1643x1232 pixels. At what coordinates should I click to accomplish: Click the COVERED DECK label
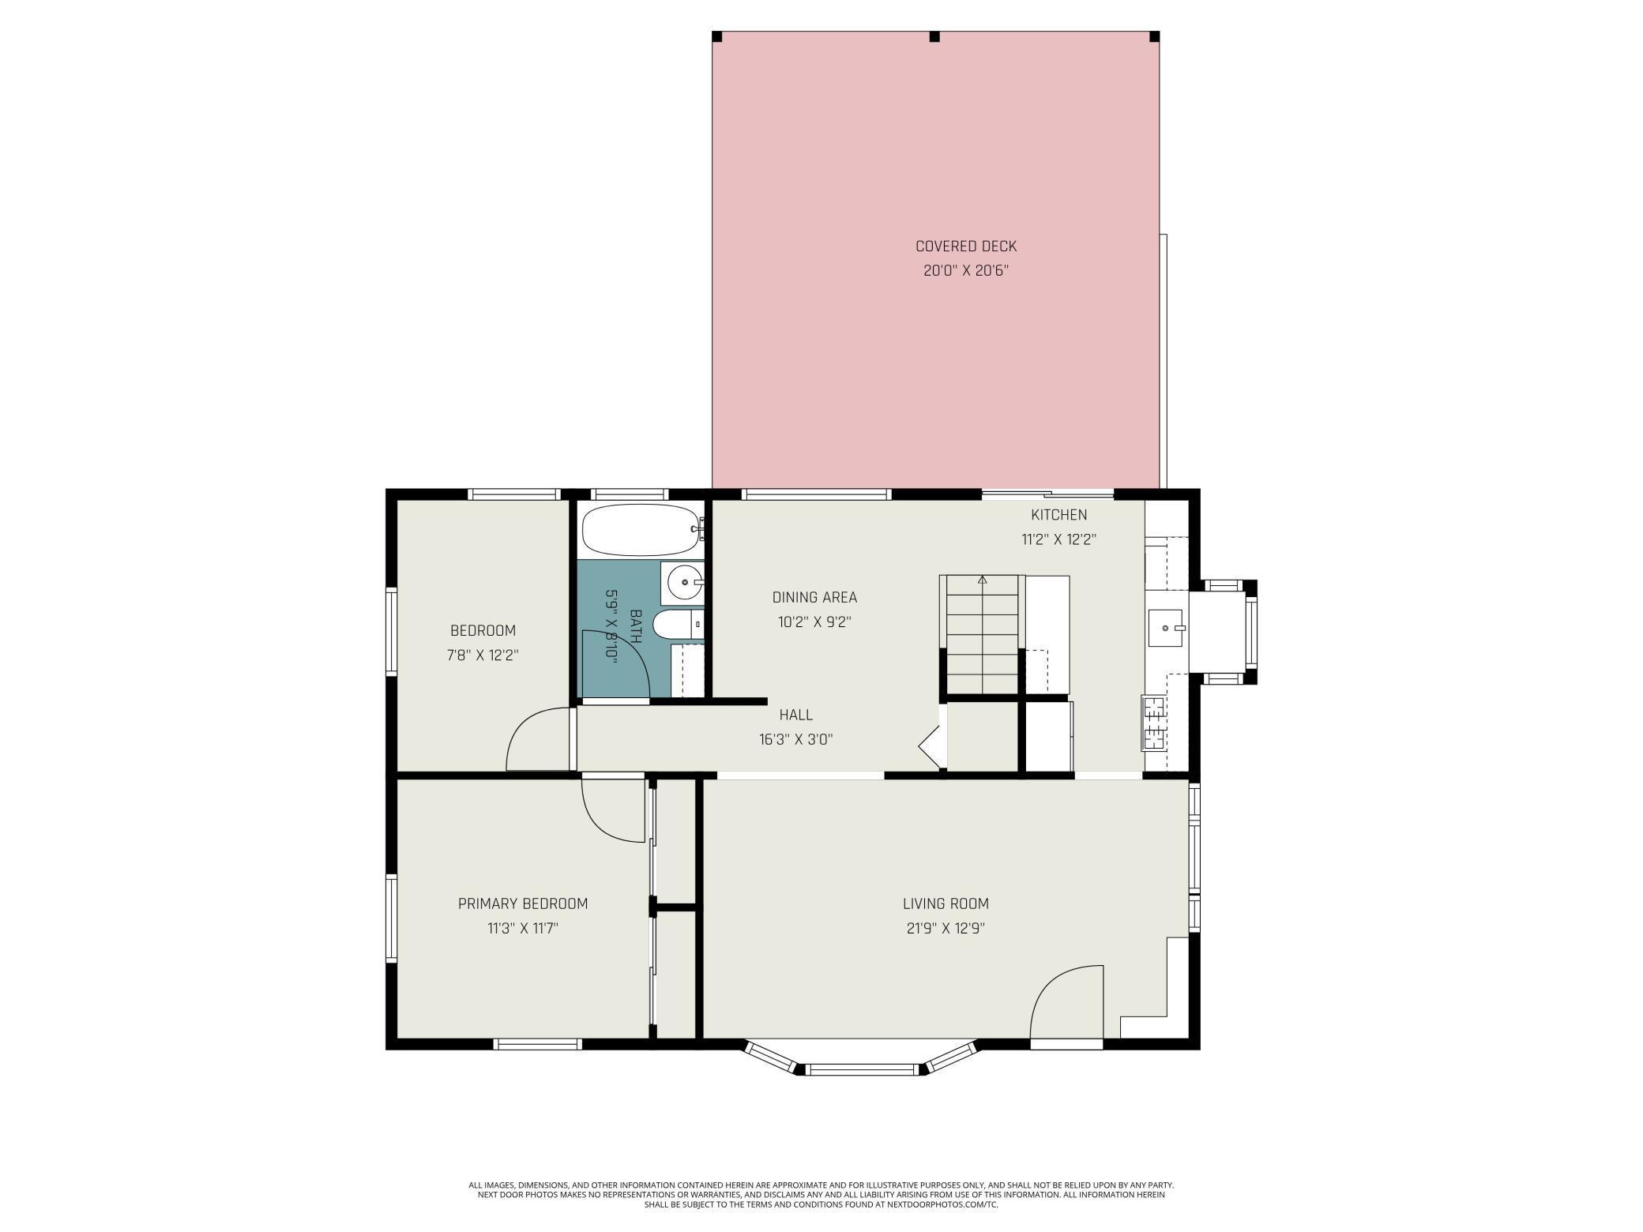965,246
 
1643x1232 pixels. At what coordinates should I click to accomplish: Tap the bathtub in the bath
640,530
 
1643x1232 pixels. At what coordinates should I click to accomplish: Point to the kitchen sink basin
1165,628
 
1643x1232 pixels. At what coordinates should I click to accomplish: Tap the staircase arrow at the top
982,580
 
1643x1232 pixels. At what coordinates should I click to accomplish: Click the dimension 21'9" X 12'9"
946,928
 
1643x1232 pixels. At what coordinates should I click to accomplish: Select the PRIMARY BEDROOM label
523,903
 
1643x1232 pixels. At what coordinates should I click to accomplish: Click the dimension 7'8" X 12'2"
483,655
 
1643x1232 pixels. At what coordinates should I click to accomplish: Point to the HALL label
795,715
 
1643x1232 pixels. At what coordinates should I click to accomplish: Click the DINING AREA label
814,598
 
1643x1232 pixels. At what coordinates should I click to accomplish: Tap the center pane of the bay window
863,1069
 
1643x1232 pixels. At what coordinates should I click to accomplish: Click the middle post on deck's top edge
935,36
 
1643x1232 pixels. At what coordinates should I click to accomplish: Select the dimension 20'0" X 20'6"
965,271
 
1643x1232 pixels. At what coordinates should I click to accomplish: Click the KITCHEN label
1058,515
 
